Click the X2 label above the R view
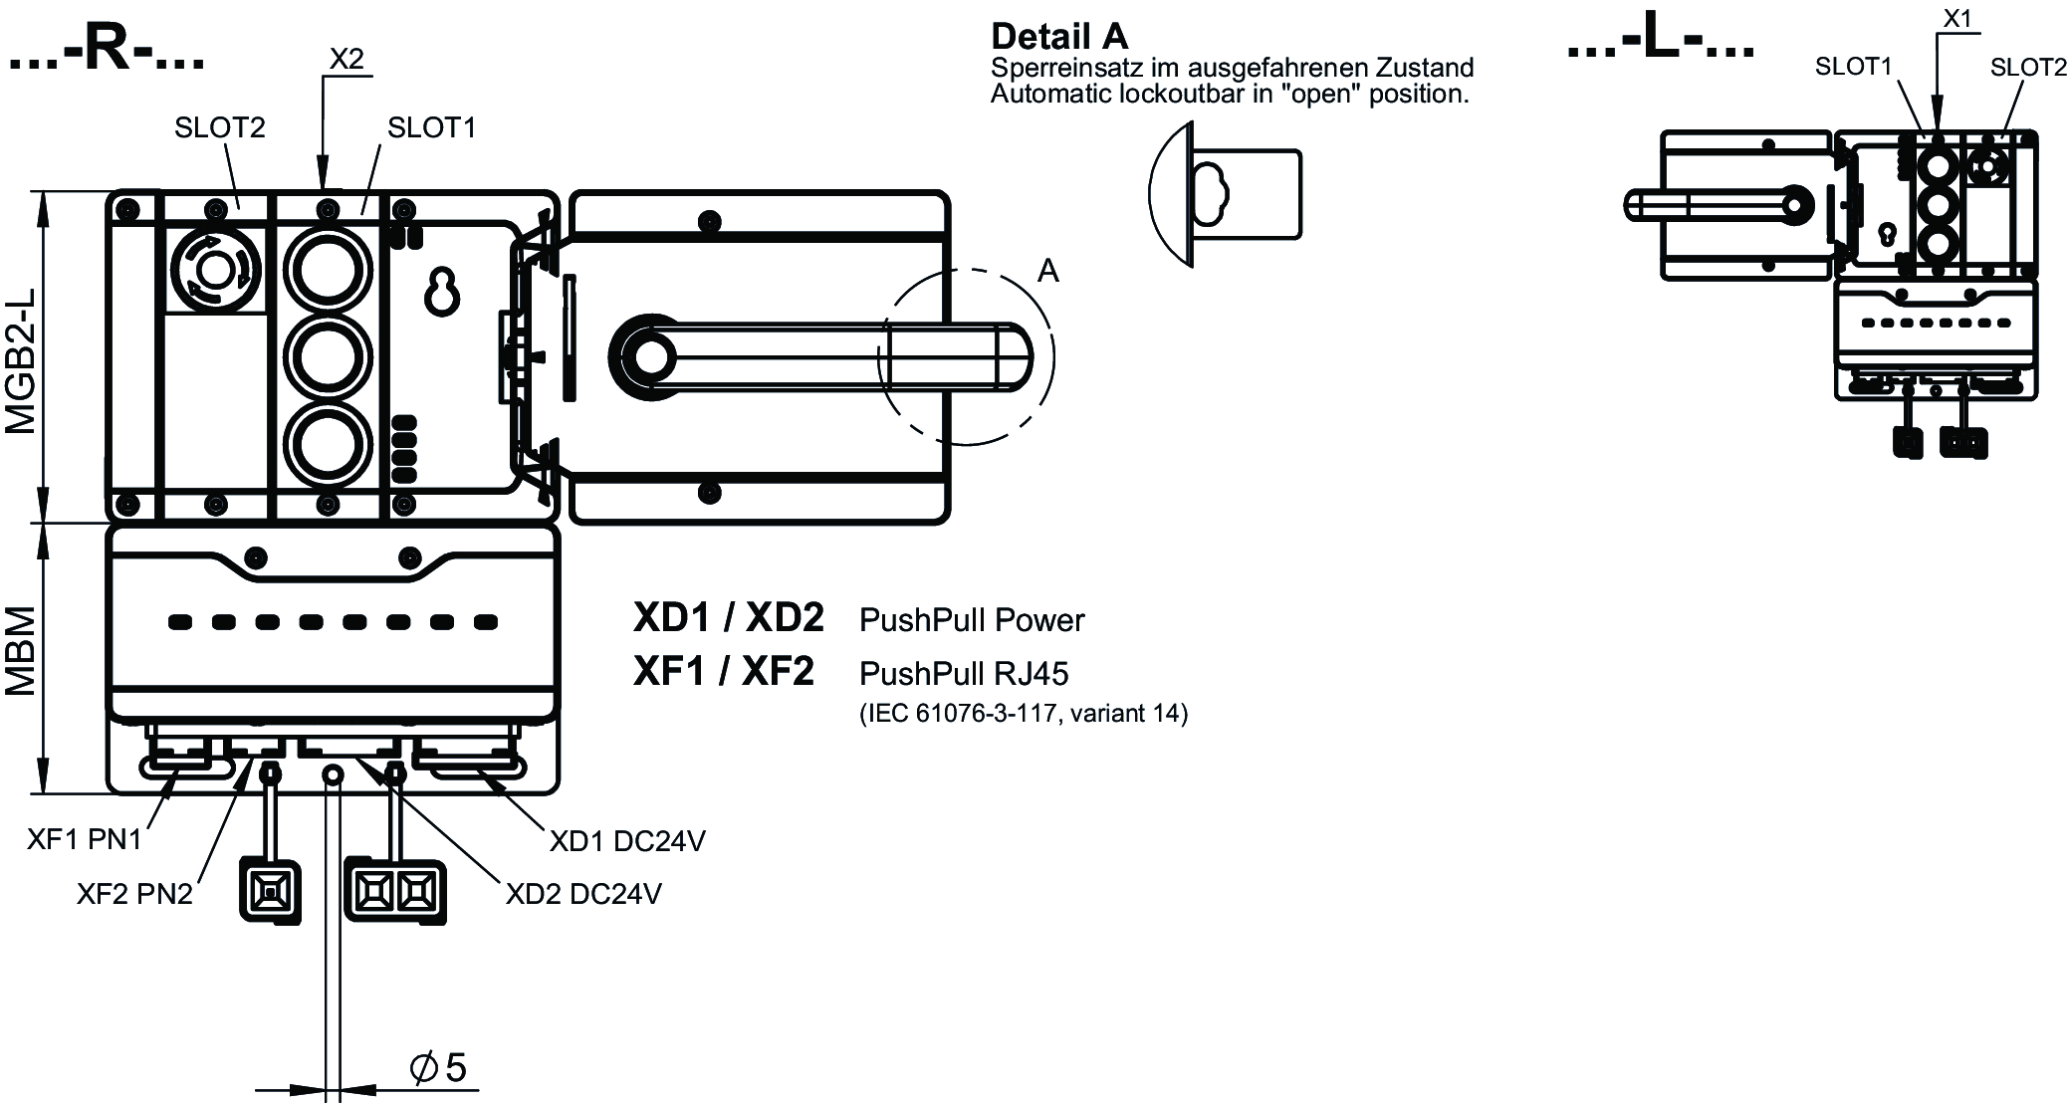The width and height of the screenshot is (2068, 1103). click(345, 59)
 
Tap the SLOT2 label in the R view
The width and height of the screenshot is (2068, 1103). click(220, 127)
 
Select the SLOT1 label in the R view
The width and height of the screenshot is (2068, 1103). click(431, 127)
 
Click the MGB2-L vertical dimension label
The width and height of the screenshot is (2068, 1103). click(21, 360)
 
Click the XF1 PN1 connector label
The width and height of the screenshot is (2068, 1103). click(85, 839)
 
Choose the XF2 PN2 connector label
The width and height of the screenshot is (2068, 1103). click(134, 894)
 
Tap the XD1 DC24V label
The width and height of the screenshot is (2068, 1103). click(627, 841)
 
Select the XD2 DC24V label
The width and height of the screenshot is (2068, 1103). click(583, 894)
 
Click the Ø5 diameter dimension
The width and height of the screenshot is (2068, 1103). click(438, 1068)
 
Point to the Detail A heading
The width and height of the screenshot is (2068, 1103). click(1059, 37)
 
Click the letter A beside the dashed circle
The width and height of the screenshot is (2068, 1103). click(1047, 271)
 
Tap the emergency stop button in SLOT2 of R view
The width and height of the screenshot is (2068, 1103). click(214, 269)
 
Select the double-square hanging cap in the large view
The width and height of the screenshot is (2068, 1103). click(394, 890)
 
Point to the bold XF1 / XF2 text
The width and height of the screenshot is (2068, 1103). click(724, 672)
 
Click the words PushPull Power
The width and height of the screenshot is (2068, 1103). click(971, 620)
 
